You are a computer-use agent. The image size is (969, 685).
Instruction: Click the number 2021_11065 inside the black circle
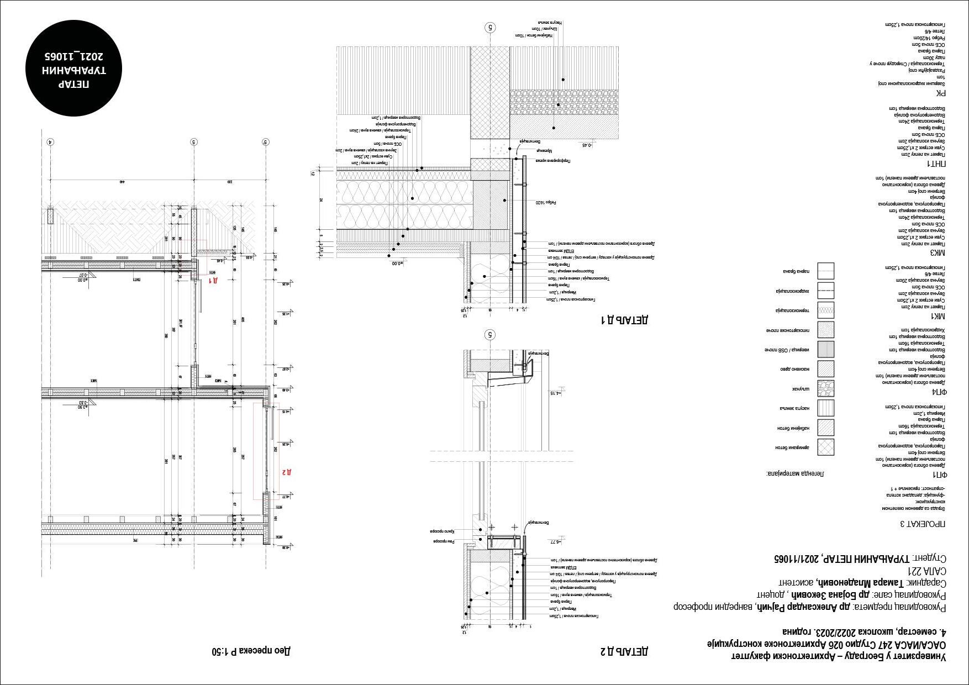[74, 56]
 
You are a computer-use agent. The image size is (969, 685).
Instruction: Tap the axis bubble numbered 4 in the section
[50, 142]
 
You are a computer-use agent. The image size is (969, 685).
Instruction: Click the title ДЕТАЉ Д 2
[624, 651]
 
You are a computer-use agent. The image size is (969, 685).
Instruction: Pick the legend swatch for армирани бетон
[826, 447]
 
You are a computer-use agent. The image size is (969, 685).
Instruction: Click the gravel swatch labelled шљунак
[826, 388]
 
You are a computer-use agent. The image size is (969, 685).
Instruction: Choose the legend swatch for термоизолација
[826, 310]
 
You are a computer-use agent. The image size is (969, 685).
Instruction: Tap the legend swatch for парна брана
[826, 271]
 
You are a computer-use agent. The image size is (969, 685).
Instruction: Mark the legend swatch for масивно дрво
[826, 369]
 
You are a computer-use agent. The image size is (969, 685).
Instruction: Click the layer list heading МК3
[938, 252]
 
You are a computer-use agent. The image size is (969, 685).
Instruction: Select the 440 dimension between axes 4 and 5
[122, 181]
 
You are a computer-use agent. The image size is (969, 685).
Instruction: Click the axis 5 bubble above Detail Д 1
[489, 27]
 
